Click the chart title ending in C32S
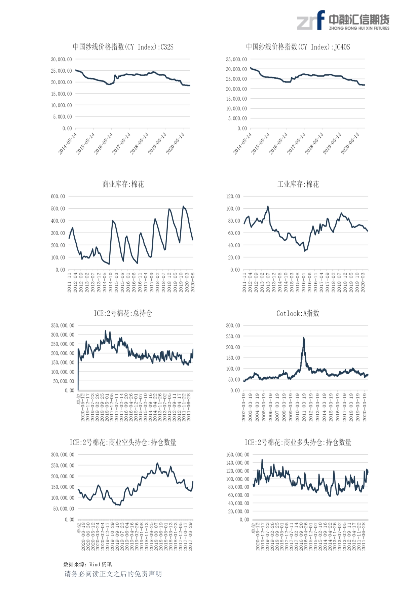123,47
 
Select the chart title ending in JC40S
298,47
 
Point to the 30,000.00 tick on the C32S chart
61,60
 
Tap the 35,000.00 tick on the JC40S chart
236,60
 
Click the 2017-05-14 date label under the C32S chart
121,143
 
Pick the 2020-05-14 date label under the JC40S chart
350,143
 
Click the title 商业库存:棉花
123,184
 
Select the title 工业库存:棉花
298,184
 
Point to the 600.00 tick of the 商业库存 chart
58,197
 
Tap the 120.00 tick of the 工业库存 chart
233,197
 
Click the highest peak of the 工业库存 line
268,206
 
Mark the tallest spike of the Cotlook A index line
304,338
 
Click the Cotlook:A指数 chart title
298,313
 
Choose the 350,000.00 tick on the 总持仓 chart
63,326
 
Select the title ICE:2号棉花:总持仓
123,313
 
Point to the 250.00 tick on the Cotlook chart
233,337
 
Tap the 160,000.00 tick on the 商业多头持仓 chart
237,455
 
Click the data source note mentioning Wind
87,564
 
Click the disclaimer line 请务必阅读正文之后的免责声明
113,574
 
